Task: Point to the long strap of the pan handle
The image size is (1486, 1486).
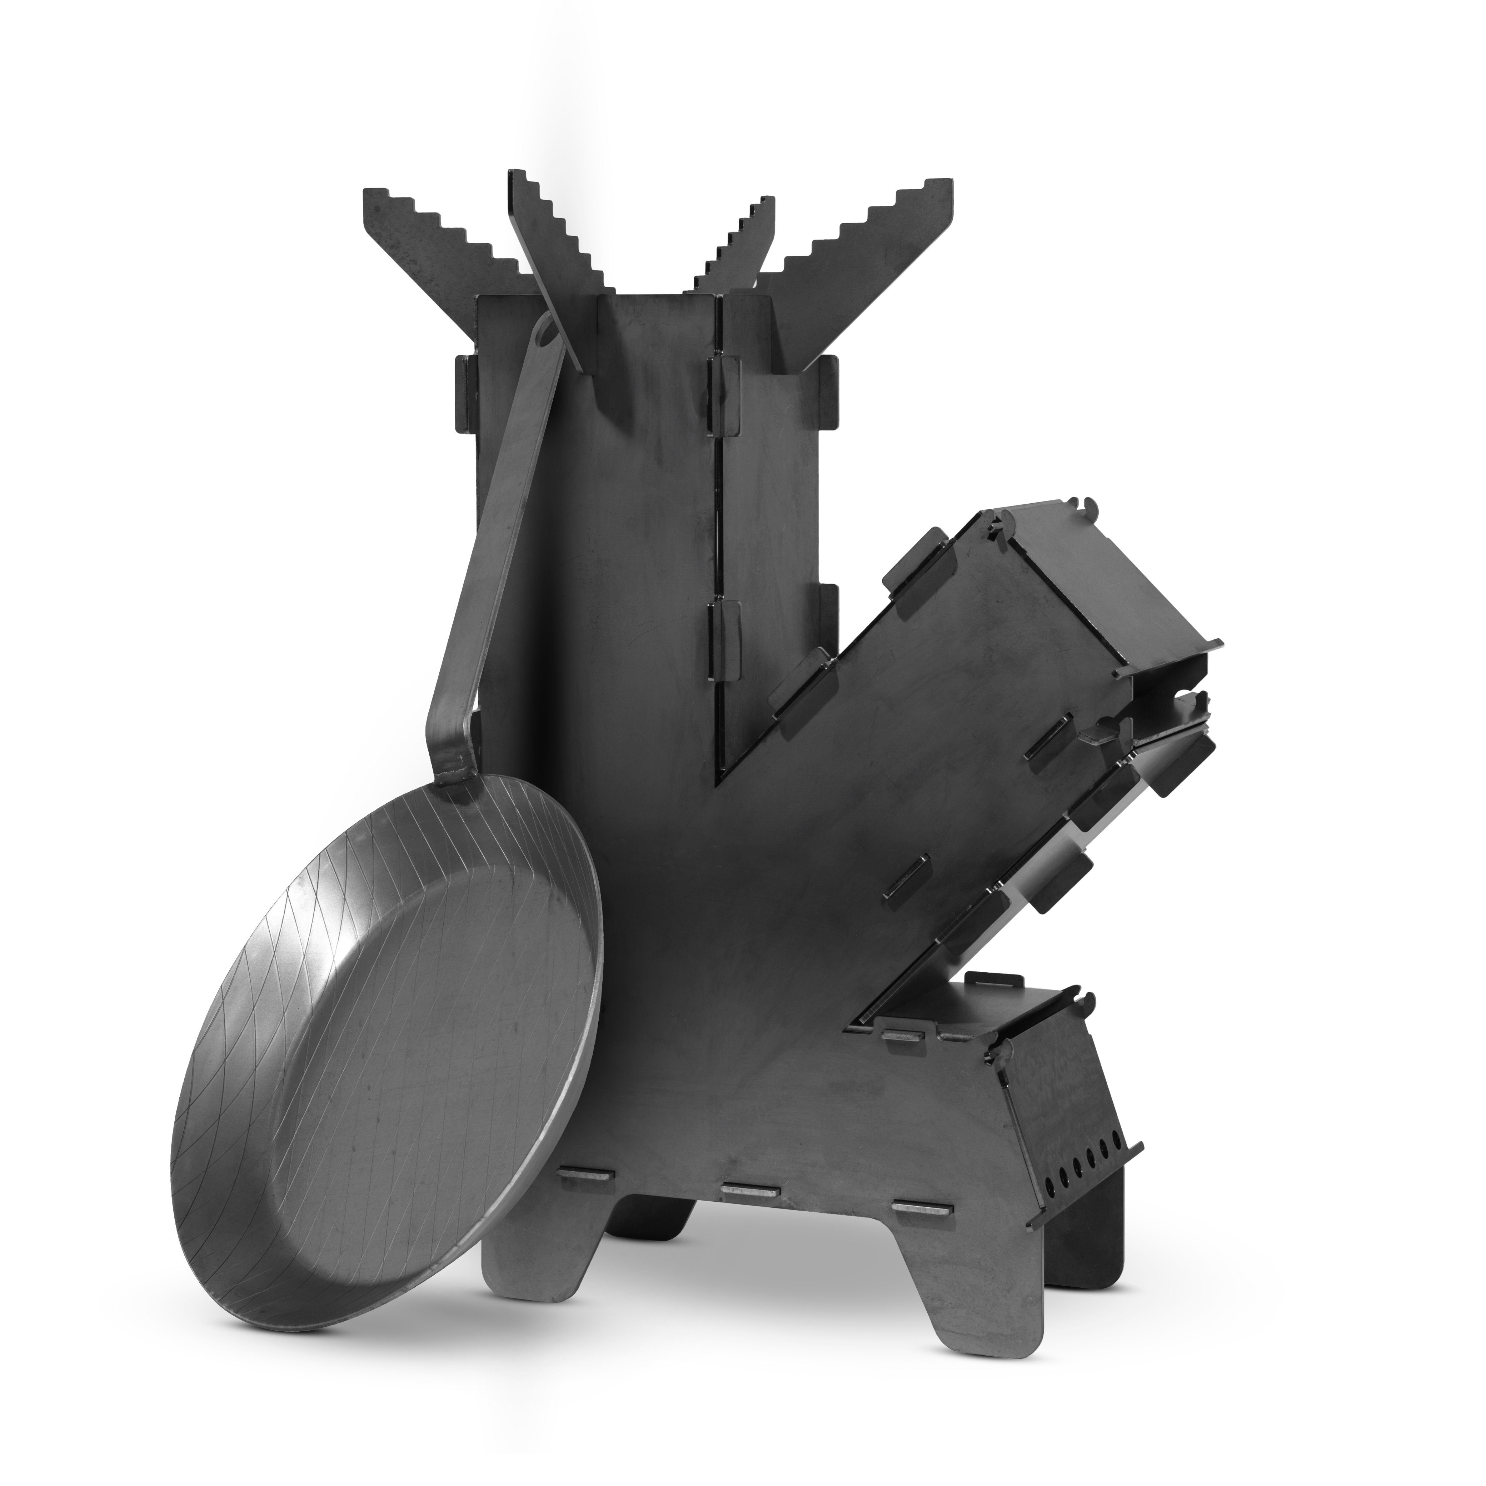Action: [492, 538]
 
